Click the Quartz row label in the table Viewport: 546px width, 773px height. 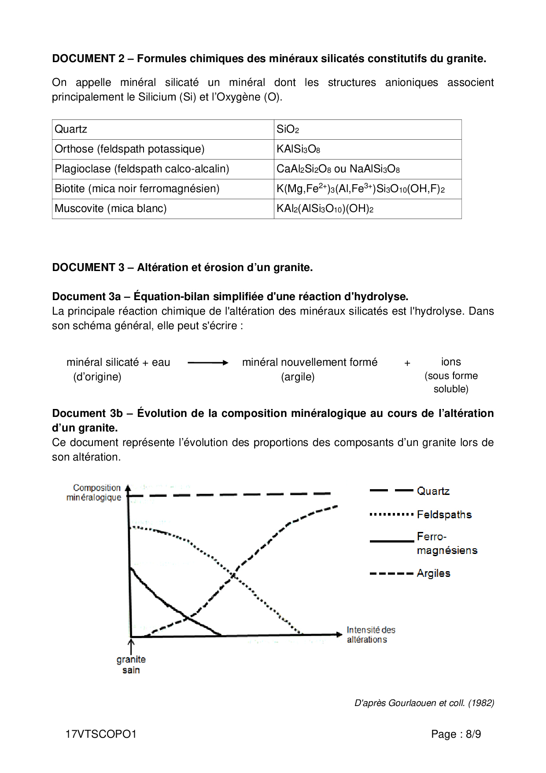[x=71, y=129]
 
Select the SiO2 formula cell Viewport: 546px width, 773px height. [x=288, y=129]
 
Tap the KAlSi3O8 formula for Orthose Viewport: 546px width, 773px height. [x=298, y=149]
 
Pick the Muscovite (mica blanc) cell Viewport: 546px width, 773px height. [x=111, y=208]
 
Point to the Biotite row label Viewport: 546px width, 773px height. [x=137, y=189]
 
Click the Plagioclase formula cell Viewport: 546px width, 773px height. [x=338, y=169]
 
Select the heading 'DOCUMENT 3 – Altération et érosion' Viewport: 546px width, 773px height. [x=182, y=268]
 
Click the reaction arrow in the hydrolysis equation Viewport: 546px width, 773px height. [x=208, y=363]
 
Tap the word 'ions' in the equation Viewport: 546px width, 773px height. [x=451, y=362]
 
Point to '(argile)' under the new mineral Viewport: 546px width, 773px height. [x=298, y=377]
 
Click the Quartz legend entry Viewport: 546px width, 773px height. [x=433, y=491]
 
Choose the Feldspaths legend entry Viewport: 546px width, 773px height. [x=444, y=514]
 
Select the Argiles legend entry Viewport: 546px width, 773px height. [x=433, y=573]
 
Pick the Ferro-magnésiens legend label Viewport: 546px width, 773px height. [x=446, y=543]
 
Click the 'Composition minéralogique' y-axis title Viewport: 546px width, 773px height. [x=94, y=493]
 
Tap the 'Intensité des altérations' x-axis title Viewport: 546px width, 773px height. [x=370, y=635]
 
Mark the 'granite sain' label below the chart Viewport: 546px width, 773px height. [x=131, y=665]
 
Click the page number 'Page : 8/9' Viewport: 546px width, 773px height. [x=456, y=734]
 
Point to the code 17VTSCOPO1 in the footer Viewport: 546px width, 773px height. [x=101, y=734]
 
